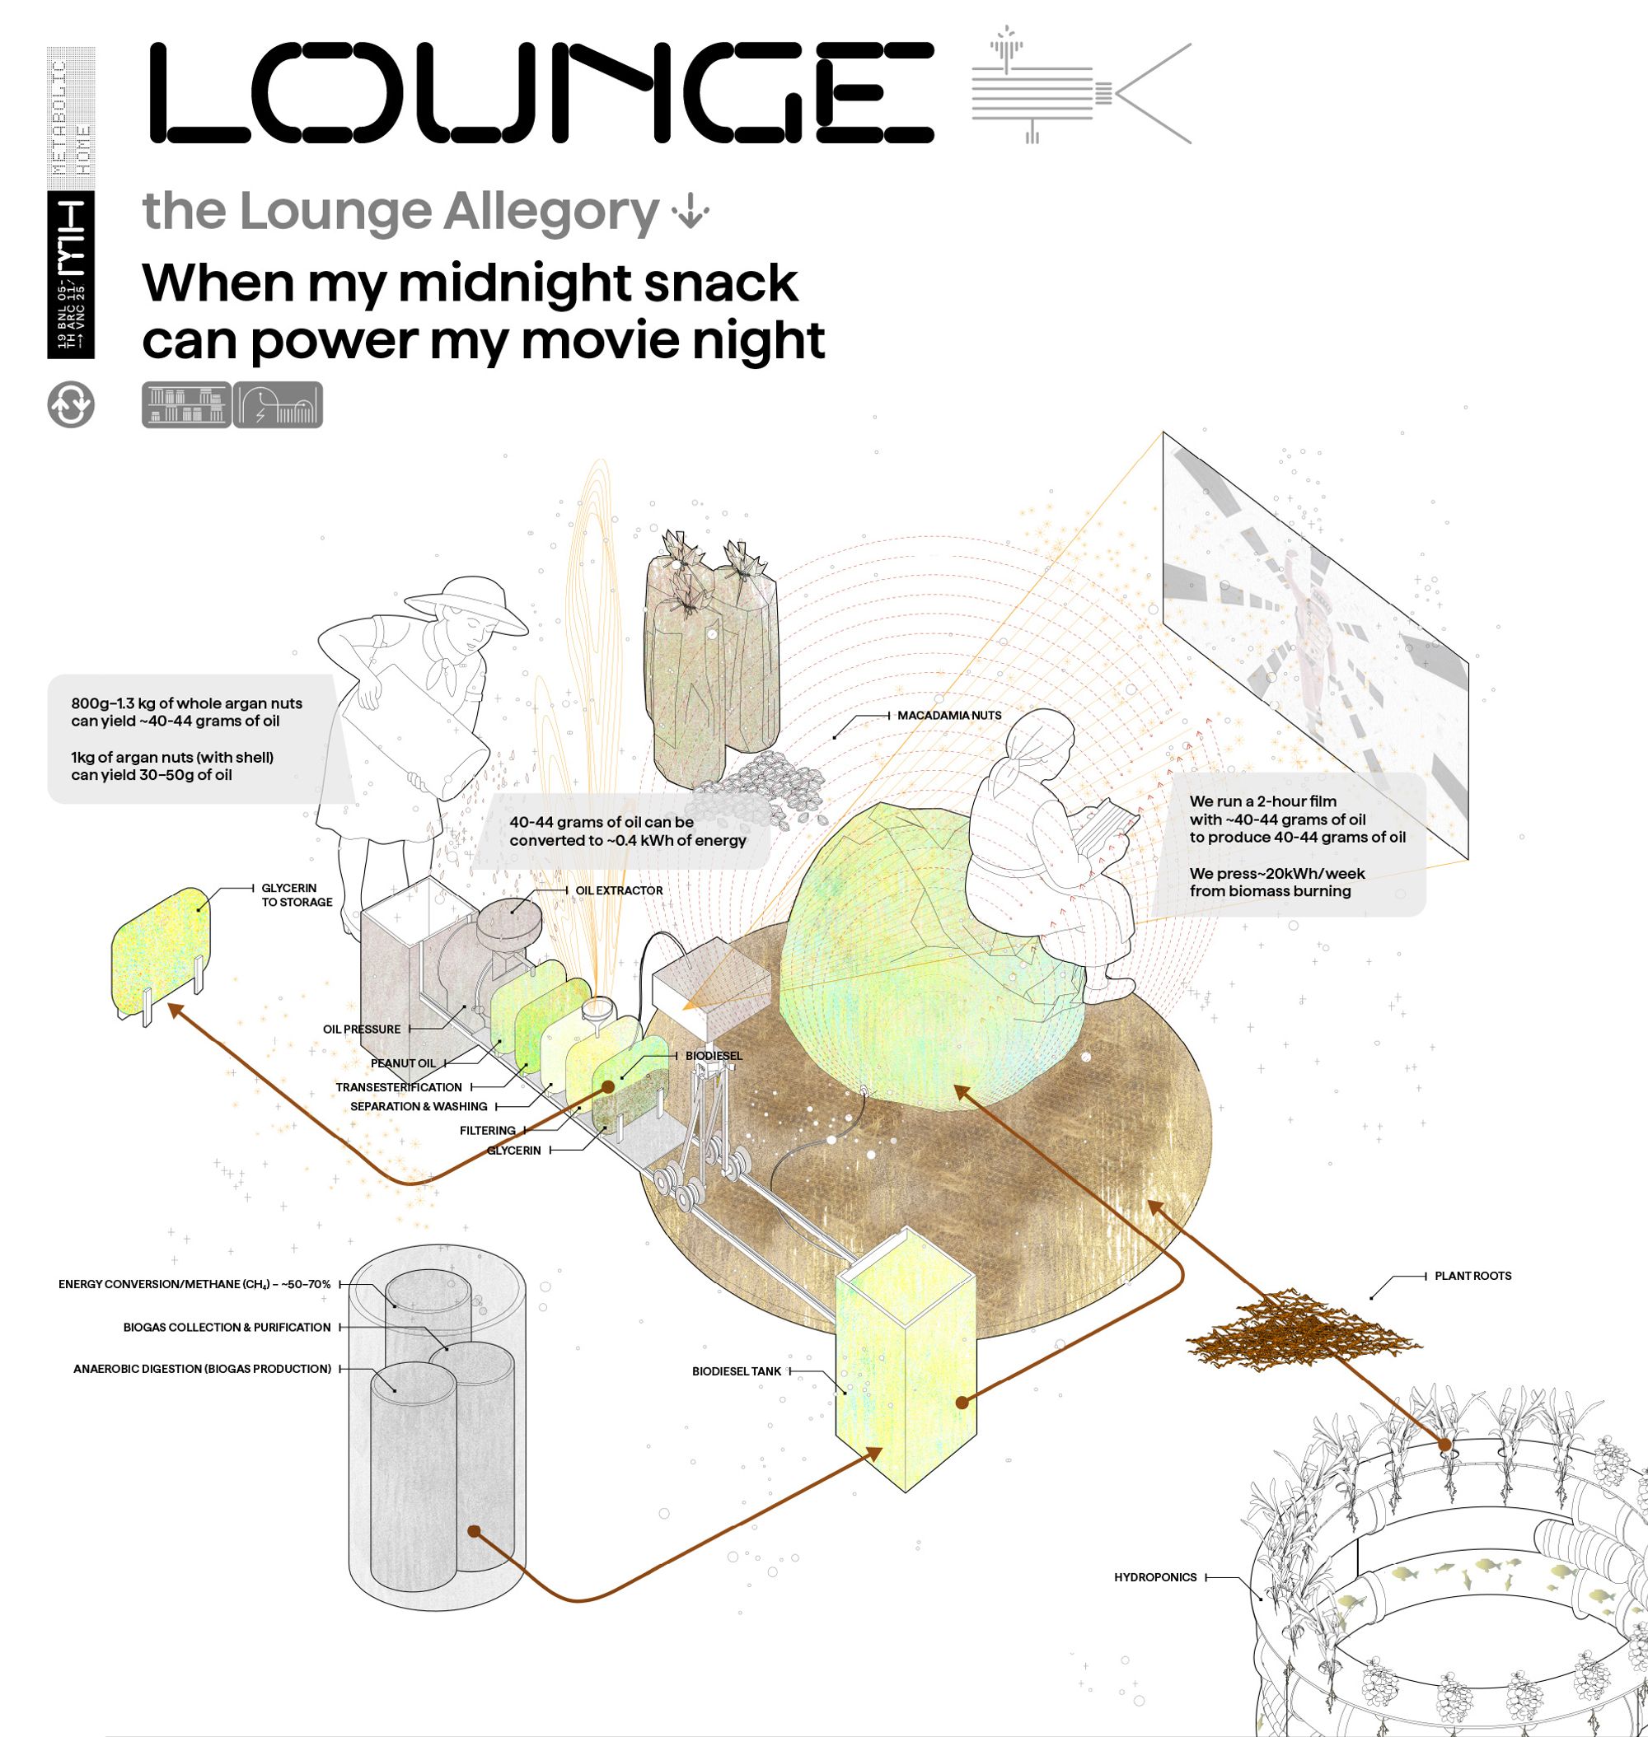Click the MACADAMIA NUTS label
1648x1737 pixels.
(948, 716)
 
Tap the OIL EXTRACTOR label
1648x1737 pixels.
(619, 890)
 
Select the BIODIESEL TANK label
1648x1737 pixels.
(736, 1370)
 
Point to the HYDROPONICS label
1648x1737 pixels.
(1155, 1577)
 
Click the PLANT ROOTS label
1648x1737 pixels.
(1472, 1276)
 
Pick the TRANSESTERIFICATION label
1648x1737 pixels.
(398, 1087)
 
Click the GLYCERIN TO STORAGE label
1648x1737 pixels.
(296, 894)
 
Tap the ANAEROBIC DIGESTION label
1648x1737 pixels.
(202, 1368)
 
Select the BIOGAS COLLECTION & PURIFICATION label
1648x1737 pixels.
(227, 1327)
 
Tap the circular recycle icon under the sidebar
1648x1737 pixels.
(70, 405)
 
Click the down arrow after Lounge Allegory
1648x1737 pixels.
(691, 212)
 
